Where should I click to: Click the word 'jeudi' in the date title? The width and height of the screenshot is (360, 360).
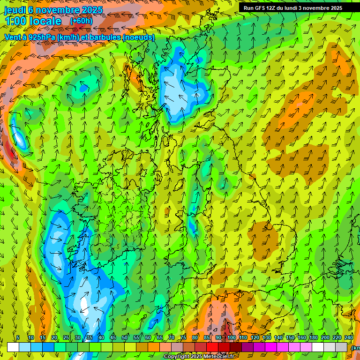[15, 10]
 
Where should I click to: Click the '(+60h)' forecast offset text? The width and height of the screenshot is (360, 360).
[81, 21]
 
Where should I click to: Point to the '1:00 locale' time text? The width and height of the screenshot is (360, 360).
[33, 21]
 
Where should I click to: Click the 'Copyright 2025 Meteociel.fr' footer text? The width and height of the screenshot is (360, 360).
[199, 357]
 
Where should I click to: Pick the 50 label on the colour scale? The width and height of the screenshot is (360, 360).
[125, 337]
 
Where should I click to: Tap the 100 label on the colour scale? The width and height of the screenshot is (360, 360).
[232, 337]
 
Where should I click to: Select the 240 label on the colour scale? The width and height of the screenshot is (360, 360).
[349, 337]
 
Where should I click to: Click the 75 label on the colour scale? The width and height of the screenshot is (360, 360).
[183, 337]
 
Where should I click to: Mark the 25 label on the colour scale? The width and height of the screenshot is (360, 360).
[66, 337]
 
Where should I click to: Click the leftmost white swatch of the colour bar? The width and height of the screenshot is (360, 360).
[13, 347]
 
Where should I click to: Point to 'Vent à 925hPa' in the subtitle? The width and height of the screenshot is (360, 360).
[29, 37]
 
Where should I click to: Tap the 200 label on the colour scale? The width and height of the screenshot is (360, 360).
[325, 337]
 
